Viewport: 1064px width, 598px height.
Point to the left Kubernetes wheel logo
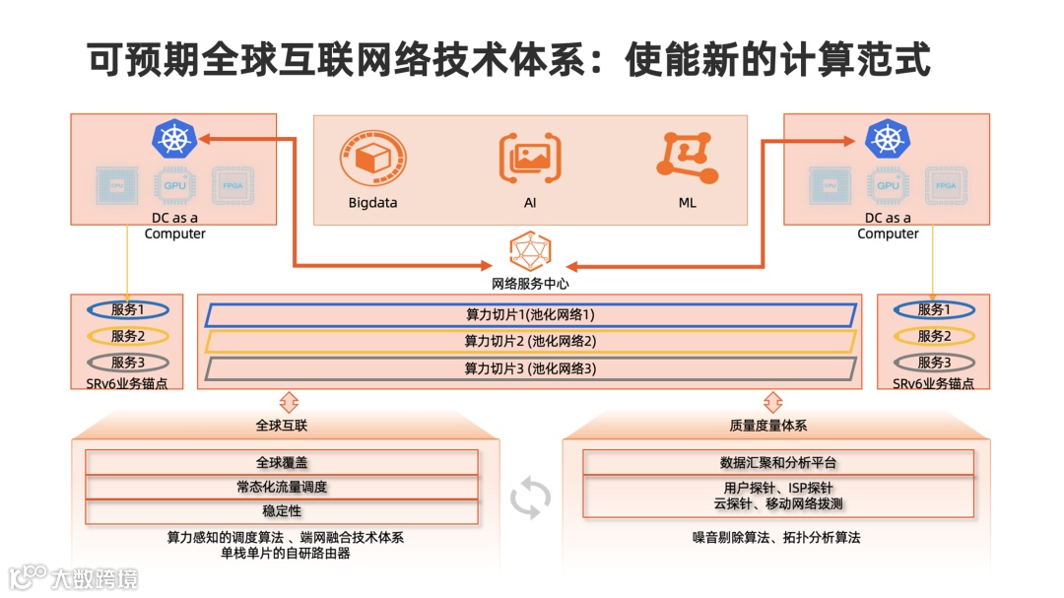[173, 139]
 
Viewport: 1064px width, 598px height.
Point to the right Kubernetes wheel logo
[887, 139]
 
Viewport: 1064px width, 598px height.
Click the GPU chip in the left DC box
[174, 185]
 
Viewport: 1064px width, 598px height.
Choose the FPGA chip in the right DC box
[946, 185]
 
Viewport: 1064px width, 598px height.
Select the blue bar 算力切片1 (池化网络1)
[530, 315]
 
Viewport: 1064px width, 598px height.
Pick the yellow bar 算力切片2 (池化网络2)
[530, 342]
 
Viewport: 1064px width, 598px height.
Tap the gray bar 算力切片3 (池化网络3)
[530, 369]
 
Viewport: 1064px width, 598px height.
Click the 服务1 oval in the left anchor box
[127, 309]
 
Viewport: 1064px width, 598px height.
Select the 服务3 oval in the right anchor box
[933, 363]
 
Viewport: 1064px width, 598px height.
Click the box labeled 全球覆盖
[282, 462]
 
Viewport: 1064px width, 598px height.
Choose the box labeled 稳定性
[282, 511]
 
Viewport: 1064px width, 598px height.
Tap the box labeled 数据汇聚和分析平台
[778, 462]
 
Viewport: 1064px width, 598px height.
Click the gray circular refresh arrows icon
[530, 498]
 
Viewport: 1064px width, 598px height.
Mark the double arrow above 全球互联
[289, 401]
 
